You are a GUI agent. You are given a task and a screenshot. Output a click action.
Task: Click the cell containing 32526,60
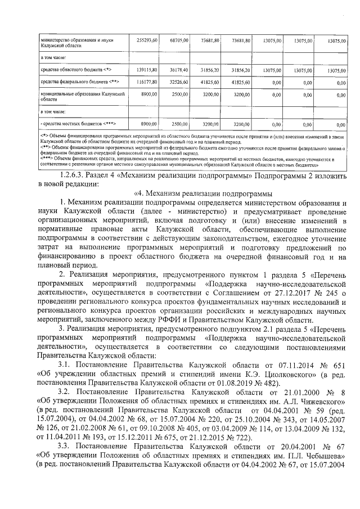pyautogui.click(x=179, y=82)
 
